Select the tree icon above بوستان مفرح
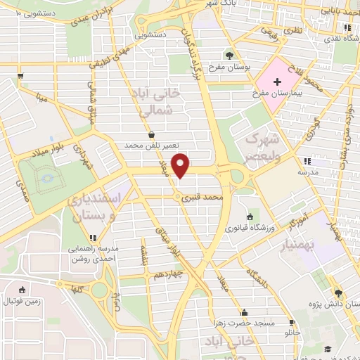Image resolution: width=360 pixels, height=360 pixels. point(229,55)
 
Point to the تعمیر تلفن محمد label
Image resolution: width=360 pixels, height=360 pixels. point(153,145)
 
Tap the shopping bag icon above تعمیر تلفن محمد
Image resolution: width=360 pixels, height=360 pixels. point(153,134)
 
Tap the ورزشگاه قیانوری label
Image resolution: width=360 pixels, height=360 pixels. point(250,227)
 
